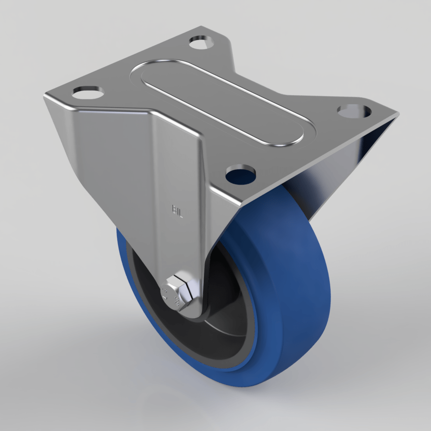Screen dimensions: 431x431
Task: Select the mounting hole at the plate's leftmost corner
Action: point(88,92)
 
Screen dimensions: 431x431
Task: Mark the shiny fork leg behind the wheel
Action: point(328,181)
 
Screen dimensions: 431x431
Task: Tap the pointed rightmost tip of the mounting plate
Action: point(397,115)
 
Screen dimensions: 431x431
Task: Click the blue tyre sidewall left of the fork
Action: point(129,276)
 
